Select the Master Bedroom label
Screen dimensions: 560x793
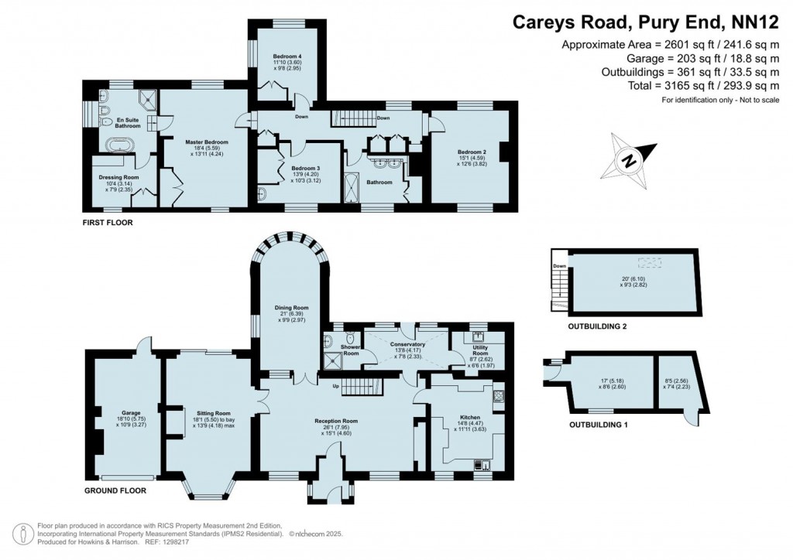click(x=207, y=142)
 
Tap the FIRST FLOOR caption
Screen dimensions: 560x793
click(x=108, y=223)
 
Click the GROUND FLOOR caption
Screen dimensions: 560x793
click(x=115, y=490)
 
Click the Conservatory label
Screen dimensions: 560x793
click(x=407, y=344)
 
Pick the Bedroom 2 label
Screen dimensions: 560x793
click(x=472, y=152)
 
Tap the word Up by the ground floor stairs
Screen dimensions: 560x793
click(x=336, y=386)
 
